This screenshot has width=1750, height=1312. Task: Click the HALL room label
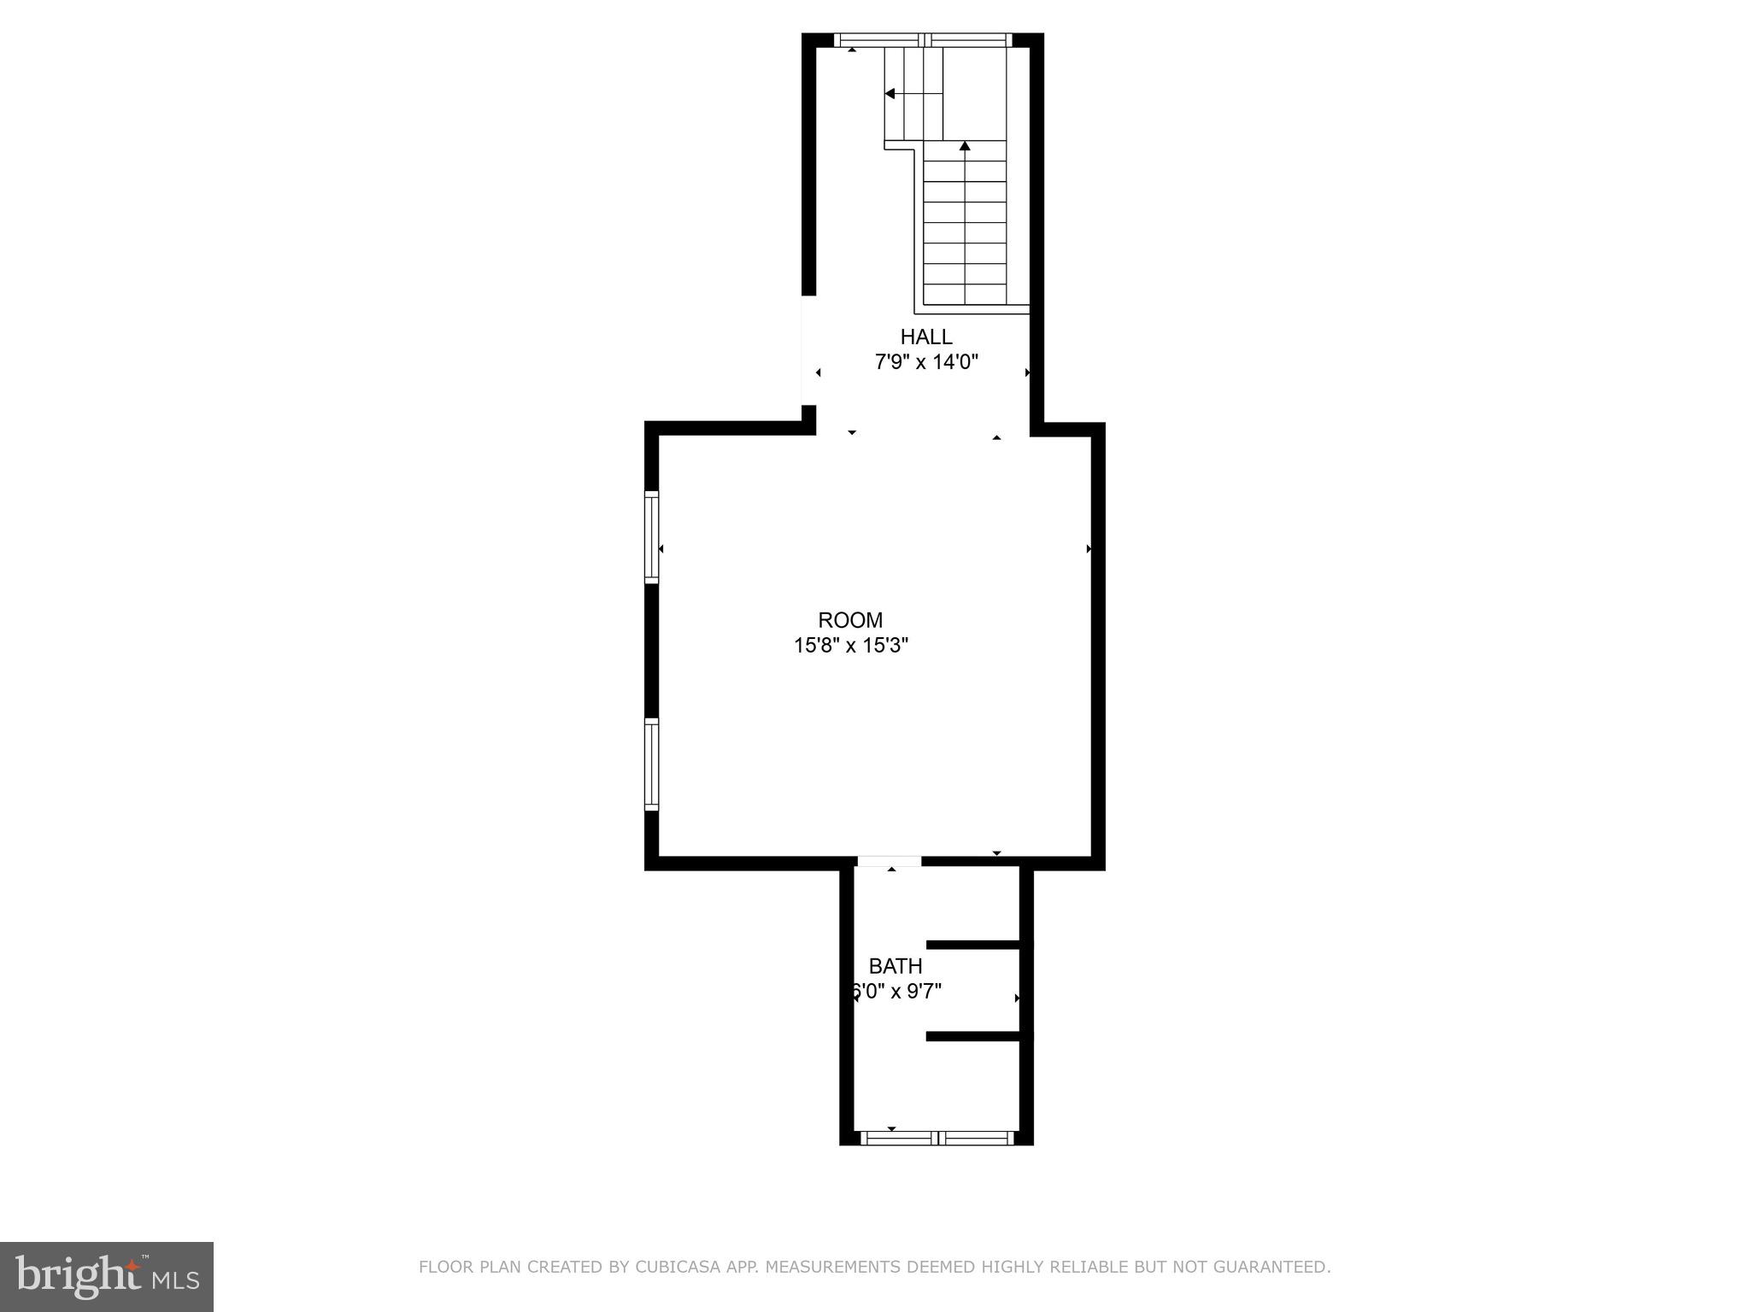(925, 337)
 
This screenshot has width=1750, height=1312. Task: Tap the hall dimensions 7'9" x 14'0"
(925, 362)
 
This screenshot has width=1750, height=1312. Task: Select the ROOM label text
(850, 620)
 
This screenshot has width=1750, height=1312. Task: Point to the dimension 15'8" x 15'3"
(850, 646)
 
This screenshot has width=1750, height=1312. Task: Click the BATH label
(896, 966)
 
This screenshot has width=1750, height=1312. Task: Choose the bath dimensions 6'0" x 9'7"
(896, 992)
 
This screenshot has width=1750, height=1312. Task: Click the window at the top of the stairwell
(923, 39)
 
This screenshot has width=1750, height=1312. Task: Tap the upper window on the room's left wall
(652, 536)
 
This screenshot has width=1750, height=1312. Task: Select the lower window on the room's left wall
(652, 764)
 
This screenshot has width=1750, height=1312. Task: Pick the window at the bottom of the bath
(937, 1138)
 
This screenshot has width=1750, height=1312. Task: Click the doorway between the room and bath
(890, 862)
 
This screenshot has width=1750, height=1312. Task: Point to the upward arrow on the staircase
(965, 147)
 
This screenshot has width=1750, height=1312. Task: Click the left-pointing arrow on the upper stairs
(890, 94)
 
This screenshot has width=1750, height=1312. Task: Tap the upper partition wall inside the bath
(979, 945)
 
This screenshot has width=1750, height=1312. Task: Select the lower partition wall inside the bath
(979, 1037)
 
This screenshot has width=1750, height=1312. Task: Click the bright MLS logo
(107, 1277)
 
